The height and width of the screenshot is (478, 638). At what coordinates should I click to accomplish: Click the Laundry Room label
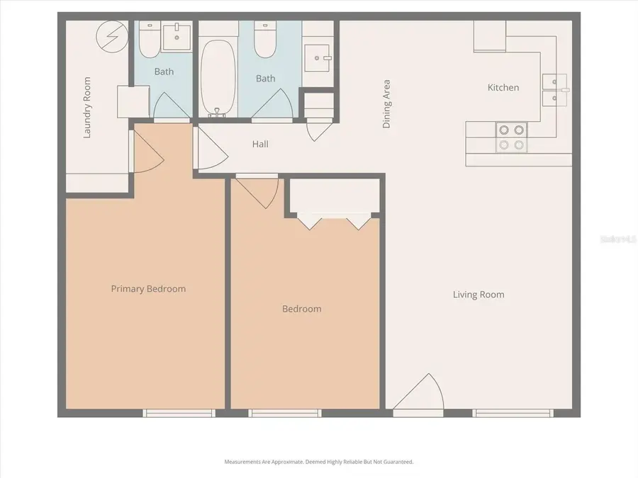point(88,108)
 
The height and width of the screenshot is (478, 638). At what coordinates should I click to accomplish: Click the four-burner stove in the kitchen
point(510,137)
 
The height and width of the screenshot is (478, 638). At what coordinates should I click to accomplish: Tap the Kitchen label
point(503,88)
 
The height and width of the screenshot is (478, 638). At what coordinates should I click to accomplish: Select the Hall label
point(260,144)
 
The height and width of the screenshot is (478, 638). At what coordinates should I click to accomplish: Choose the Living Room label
point(478,295)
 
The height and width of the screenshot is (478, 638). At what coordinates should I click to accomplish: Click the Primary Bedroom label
point(148,289)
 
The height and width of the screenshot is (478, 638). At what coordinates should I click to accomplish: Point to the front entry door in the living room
point(418,393)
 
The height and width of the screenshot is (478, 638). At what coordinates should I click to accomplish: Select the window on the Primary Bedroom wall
point(179,413)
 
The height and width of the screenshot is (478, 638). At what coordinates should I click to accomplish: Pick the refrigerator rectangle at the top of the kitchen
point(490,35)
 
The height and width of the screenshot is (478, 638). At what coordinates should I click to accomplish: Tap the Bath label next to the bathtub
point(266,79)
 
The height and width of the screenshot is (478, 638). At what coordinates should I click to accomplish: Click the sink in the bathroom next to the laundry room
point(177,35)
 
